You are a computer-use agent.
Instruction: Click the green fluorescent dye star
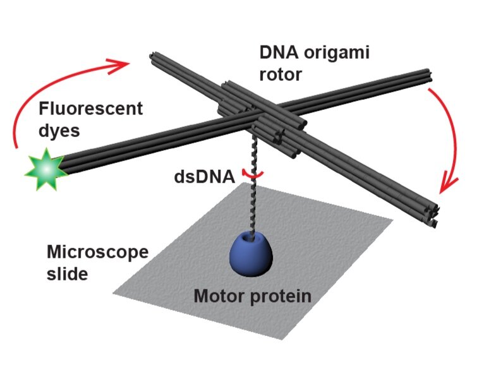(x=46, y=169)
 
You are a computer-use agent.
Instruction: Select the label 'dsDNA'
(x=204, y=177)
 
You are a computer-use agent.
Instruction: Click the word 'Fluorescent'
(x=90, y=109)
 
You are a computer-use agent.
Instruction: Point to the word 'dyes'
(x=59, y=131)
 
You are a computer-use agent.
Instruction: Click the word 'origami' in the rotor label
(x=337, y=53)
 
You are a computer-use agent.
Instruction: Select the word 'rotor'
(x=281, y=75)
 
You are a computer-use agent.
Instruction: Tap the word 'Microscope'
(x=98, y=252)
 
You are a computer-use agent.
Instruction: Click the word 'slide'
(x=67, y=273)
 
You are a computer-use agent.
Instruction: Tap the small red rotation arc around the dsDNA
(x=252, y=175)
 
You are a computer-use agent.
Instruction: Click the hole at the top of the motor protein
(x=252, y=238)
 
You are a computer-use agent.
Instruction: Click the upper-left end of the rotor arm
(x=153, y=56)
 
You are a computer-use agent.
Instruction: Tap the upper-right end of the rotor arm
(x=428, y=76)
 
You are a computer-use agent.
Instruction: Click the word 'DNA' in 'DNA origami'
(x=279, y=52)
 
